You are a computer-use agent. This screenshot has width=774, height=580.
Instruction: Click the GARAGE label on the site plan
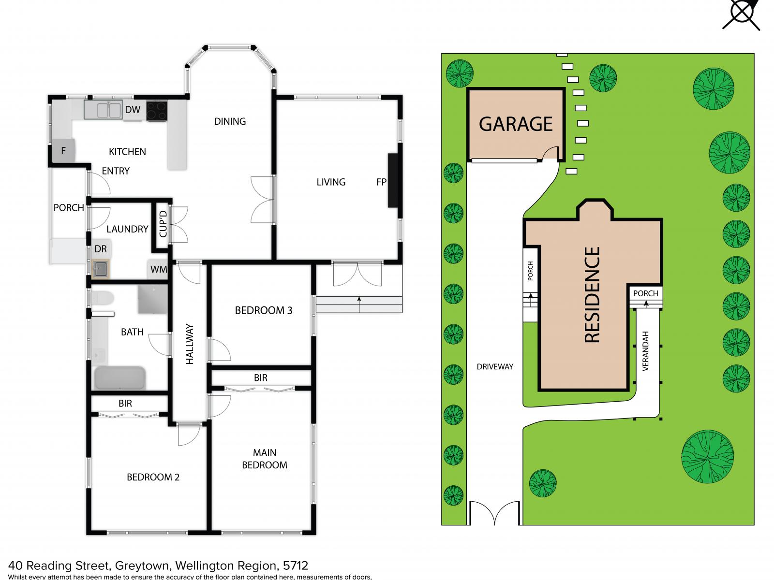(x=516, y=124)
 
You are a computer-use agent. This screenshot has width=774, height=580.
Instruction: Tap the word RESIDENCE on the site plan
(x=593, y=295)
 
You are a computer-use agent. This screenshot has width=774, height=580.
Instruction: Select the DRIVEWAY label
(x=494, y=366)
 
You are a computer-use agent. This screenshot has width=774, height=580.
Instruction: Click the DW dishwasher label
(x=133, y=110)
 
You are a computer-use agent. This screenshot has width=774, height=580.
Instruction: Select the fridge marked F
(x=63, y=151)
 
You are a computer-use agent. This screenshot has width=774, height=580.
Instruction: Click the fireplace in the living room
(x=392, y=180)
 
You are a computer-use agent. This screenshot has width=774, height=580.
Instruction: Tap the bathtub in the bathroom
(x=119, y=377)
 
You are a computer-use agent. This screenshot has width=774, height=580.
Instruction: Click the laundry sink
(x=101, y=269)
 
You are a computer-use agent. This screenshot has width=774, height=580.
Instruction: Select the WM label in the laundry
(x=158, y=269)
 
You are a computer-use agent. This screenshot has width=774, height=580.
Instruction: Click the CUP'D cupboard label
(x=163, y=224)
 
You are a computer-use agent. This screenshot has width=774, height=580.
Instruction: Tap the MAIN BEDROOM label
(x=265, y=459)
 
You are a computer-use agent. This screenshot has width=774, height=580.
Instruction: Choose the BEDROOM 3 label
(x=264, y=310)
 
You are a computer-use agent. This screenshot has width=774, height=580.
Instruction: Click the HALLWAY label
(x=190, y=344)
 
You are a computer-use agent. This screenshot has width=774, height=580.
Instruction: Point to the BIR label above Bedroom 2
(x=125, y=403)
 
